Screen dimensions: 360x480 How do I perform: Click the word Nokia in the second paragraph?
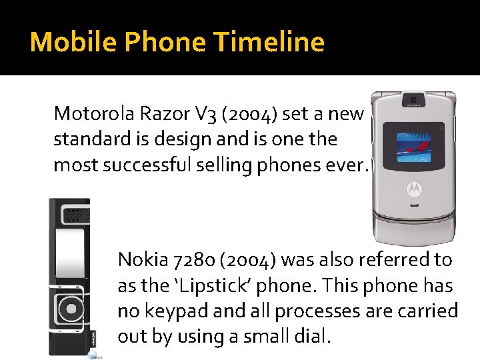tap(138, 259)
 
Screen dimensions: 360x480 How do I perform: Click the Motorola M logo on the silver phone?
tap(413, 190)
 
